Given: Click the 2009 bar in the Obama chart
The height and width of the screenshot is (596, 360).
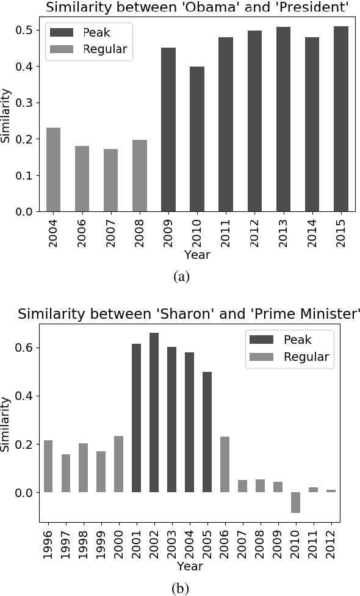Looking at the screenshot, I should click(168, 129).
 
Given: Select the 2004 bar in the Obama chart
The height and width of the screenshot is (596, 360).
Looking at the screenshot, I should click(53, 169).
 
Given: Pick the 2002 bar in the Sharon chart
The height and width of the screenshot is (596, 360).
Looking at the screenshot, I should click(154, 412).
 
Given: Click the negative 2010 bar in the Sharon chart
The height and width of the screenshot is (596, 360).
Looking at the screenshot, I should click(295, 502).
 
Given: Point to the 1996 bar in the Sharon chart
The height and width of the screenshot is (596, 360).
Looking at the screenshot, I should click(48, 466).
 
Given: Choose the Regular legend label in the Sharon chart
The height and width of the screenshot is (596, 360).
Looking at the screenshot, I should click(306, 357).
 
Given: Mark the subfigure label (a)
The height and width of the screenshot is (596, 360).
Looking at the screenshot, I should click(181, 276).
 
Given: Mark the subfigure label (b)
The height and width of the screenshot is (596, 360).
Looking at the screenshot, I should click(181, 587).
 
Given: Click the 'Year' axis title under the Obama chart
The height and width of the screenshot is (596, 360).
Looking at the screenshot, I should click(196, 255).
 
